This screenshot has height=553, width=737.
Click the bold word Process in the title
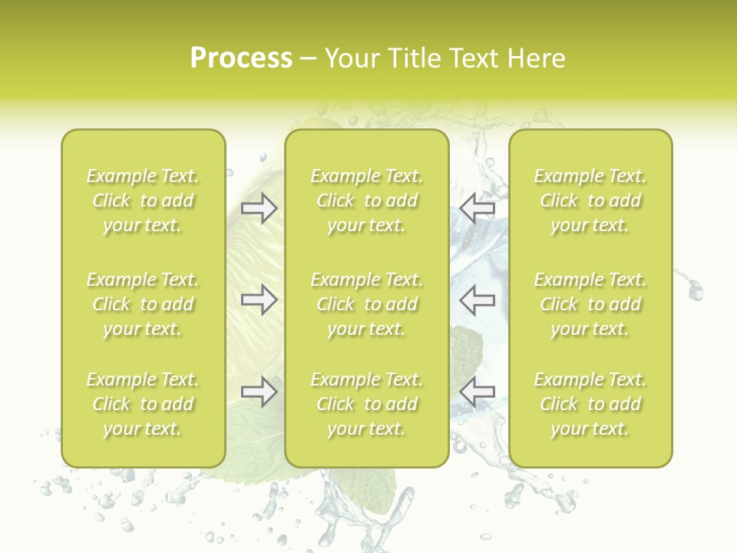pos(241,58)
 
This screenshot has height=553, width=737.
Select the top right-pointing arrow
pos(259,208)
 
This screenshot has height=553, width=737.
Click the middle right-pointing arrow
pos(259,300)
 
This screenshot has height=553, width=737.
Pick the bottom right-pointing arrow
pos(259,392)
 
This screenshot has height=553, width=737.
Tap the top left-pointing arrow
pos(478,208)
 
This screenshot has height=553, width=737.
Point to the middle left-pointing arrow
pos(478,300)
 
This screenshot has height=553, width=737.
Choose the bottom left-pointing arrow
pos(478,392)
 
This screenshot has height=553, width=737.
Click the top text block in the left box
pos(143,200)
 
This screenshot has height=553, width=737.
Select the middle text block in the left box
pos(143,304)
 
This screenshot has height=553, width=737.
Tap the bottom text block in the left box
pos(143,404)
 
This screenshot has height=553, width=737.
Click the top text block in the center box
pos(367,200)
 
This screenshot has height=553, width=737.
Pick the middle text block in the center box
pos(367,304)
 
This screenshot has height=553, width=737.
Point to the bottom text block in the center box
pos(367,404)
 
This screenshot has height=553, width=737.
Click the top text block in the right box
pos(590,200)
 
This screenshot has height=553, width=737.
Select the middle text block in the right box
pos(590,304)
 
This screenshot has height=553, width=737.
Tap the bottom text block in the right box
pos(590,404)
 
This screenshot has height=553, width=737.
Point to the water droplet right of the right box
pos(696,290)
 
